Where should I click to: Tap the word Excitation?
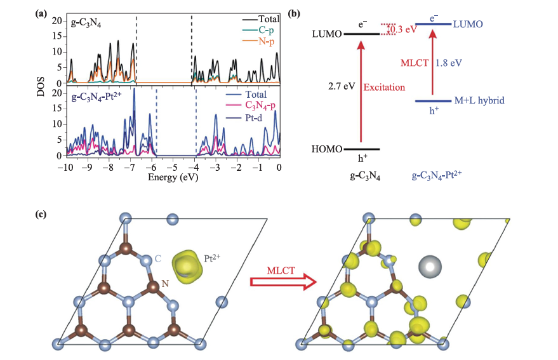(384, 86)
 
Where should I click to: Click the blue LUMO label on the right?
(468, 24)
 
